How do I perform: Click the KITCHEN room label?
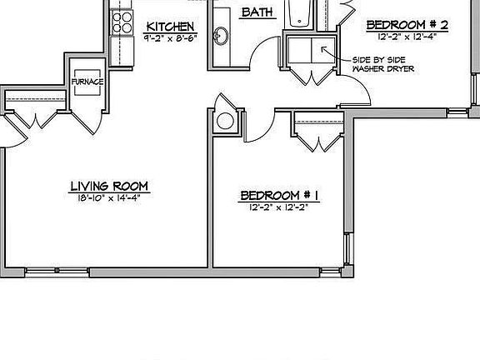[171, 27]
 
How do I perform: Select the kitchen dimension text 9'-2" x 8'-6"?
[171, 38]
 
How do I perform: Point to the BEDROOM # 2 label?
[408, 26]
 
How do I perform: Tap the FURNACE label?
[87, 82]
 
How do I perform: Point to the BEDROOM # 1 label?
[279, 196]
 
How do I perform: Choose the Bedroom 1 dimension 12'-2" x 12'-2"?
[279, 207]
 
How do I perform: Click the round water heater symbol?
[226, 121]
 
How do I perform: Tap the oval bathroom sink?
[222, 37]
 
